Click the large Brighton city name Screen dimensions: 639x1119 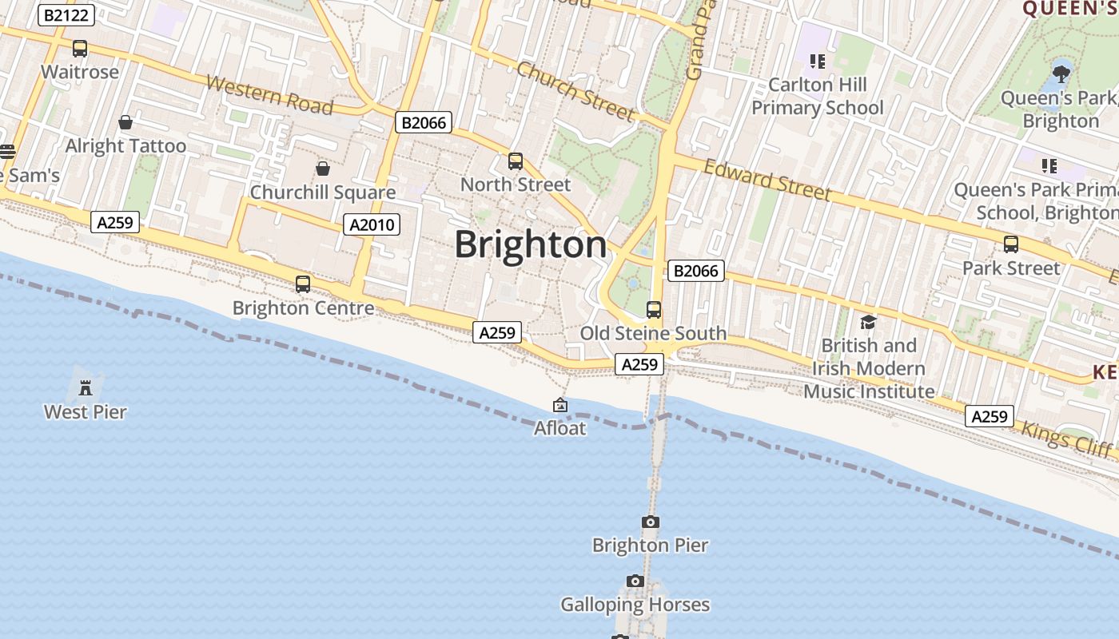tap(531, 244)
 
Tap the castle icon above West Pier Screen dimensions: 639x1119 tap(86, 388)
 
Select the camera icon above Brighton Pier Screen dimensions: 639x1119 tap(651, 522)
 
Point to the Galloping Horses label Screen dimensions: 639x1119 tap(635, 605)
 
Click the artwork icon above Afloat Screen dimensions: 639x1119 tap(560, 406)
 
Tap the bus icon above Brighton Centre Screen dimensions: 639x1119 tap(303, 284)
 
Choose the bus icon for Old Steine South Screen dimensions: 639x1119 tap(654, 310)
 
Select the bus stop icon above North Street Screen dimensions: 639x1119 tap(516, 161)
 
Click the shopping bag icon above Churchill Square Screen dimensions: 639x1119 tap(323, 169)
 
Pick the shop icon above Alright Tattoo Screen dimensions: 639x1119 tap(125, 122)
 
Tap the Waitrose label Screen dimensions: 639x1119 tap(80, 72)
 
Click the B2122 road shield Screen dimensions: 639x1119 tap(66, 15)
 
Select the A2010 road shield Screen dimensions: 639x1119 tap(372, 225)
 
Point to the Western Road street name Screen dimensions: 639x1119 tap(269, 94)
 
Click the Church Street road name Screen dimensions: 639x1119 tap(575, 89)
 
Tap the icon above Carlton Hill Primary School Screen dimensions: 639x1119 tap(817, 61)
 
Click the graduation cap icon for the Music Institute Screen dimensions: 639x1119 tap(868, 322)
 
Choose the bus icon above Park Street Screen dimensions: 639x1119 tap(1011, 244)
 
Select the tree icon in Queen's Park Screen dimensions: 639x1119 tap(1061, 75)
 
